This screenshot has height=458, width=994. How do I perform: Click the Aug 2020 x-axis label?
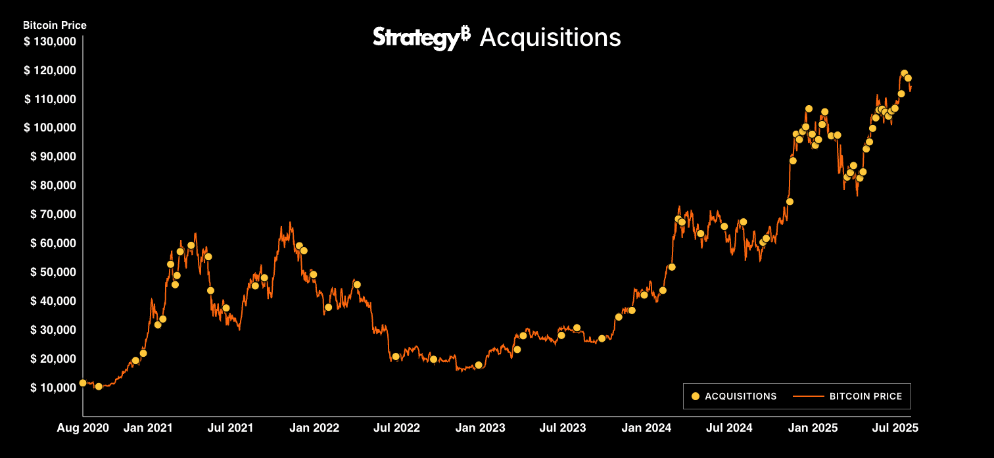coord(83,428)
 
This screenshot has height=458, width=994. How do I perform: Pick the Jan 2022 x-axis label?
coord(314,428)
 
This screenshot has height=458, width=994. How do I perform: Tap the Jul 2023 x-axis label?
coord(563,428)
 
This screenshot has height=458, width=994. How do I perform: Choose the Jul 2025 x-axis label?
coord(895,428)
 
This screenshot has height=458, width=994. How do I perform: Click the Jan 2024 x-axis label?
coord(647,428)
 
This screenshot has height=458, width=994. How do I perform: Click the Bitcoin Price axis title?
coord(55,26)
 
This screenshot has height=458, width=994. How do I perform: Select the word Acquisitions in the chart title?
coord(550,37)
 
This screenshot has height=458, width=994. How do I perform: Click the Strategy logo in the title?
coord(421,37)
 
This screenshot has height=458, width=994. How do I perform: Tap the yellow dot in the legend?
coord(696,396)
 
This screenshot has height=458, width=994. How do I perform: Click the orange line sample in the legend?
coord(808,396)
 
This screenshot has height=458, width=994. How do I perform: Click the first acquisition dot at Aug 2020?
coord(83,382)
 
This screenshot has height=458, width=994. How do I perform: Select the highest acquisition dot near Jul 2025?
coord(904,73)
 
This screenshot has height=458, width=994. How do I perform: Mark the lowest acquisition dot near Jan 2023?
coord(479,365)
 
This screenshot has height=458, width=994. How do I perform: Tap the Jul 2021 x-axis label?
coord(231,428)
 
